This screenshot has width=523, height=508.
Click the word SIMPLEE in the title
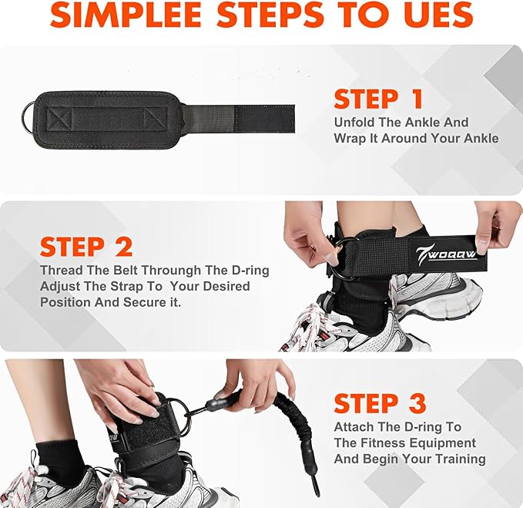(x=126, y=15)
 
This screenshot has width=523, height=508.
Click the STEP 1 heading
(x=378, y=99)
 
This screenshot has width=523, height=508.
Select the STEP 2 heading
(x=86, y=247)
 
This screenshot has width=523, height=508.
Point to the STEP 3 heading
(x=380, y=403)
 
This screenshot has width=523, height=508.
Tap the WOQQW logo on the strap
(x=446, y=254)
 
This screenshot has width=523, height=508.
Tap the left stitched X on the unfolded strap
(x=59, y=119)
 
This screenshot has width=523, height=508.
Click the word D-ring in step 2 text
(x=250, y=271)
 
